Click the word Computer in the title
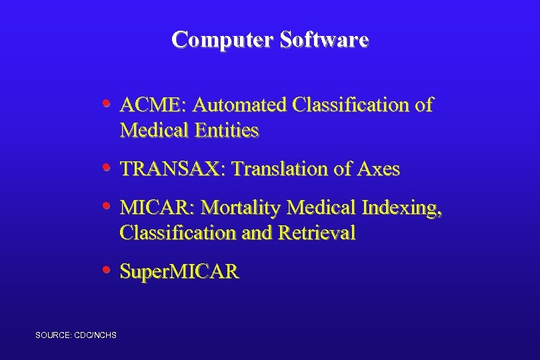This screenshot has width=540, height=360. point(223,40)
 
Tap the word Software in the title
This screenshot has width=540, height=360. point(324,40)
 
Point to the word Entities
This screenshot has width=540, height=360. point(227,131)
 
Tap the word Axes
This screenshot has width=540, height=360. point(378,169)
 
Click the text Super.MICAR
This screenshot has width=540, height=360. point(179,272)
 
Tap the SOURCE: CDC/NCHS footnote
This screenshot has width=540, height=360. point(76,334)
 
